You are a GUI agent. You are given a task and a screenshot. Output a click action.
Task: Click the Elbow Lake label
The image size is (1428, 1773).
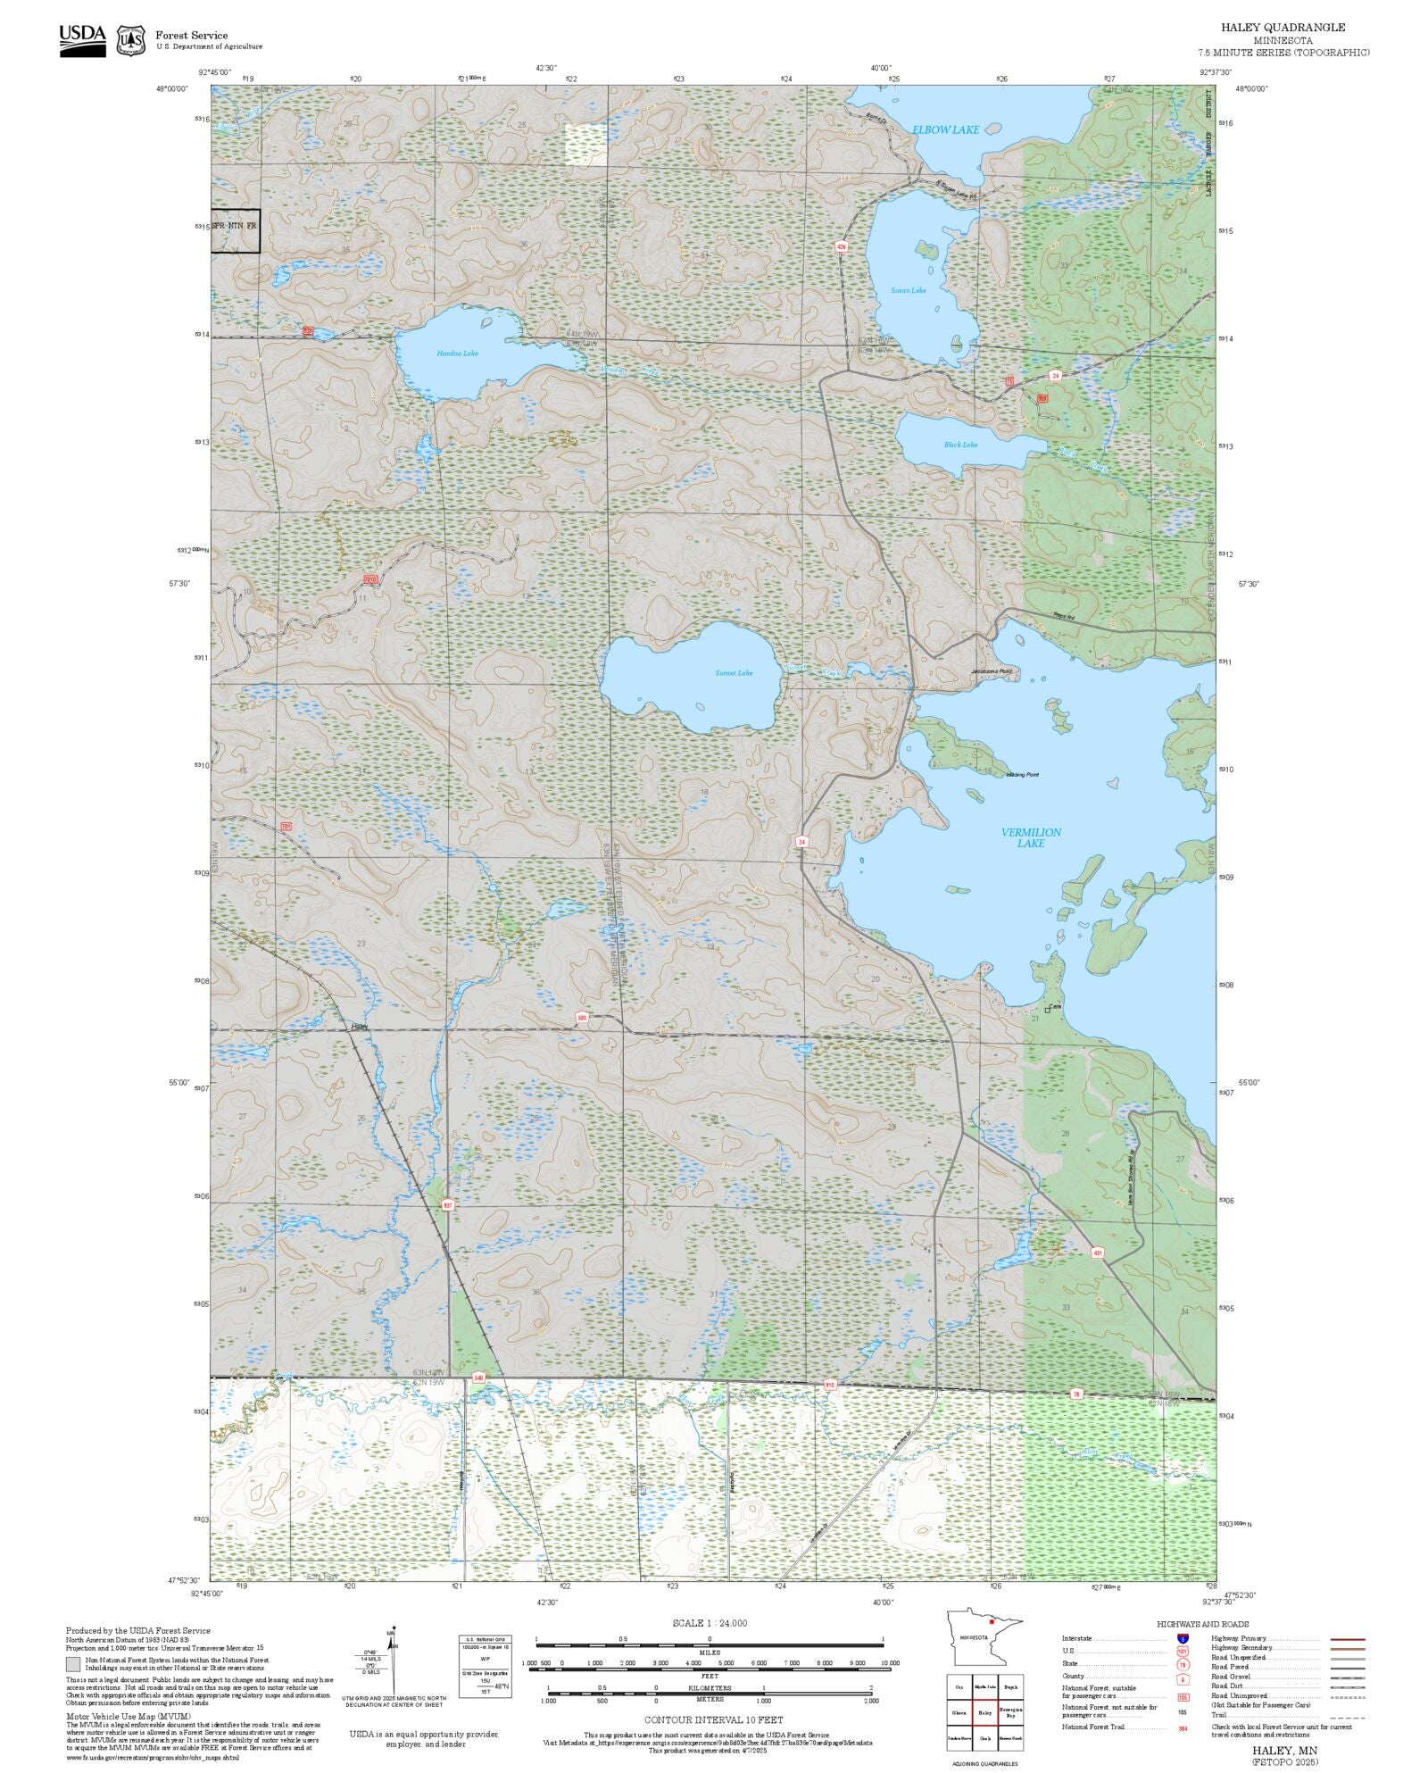945,130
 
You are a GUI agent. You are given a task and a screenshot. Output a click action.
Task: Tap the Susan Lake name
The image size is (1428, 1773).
908,291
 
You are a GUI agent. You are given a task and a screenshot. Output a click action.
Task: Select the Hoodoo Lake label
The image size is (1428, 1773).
457,354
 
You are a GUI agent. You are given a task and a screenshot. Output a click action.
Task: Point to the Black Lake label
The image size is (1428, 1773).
960,445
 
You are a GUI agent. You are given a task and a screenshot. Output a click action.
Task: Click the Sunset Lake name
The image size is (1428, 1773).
734,673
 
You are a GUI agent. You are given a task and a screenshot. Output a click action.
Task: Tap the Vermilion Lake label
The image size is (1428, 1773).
1031,837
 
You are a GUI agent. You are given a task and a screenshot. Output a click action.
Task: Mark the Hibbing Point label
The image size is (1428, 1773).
1022,774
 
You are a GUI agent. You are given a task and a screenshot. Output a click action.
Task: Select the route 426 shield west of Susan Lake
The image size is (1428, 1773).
841,246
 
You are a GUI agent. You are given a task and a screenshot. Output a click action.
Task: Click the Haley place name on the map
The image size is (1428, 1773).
360,1027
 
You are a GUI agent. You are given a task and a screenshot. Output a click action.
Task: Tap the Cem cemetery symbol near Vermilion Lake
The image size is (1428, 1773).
1048,1010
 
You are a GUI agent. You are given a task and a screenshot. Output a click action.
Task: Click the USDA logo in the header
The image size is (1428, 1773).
82,41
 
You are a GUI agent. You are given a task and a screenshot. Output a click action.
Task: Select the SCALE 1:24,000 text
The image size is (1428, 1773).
710,1623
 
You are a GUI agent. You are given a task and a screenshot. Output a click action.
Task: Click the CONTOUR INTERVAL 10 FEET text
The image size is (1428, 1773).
713,1719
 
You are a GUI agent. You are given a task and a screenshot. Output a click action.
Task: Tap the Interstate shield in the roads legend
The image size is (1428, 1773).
1183,1639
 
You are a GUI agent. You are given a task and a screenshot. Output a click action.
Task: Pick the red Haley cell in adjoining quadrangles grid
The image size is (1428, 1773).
984,1712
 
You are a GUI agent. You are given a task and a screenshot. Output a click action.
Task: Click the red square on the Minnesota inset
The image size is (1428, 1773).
991,1622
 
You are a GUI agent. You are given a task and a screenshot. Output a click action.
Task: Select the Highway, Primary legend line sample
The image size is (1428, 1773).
1348,1639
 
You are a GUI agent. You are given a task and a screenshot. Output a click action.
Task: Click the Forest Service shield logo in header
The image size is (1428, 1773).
131,40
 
